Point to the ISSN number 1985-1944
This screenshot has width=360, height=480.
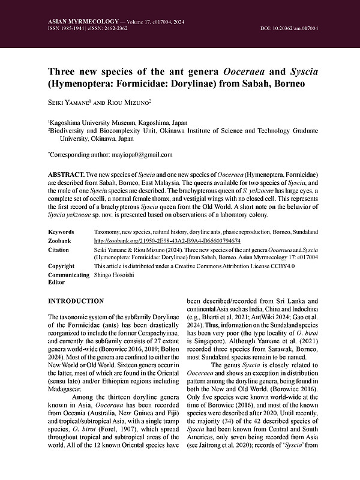point(74,29)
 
